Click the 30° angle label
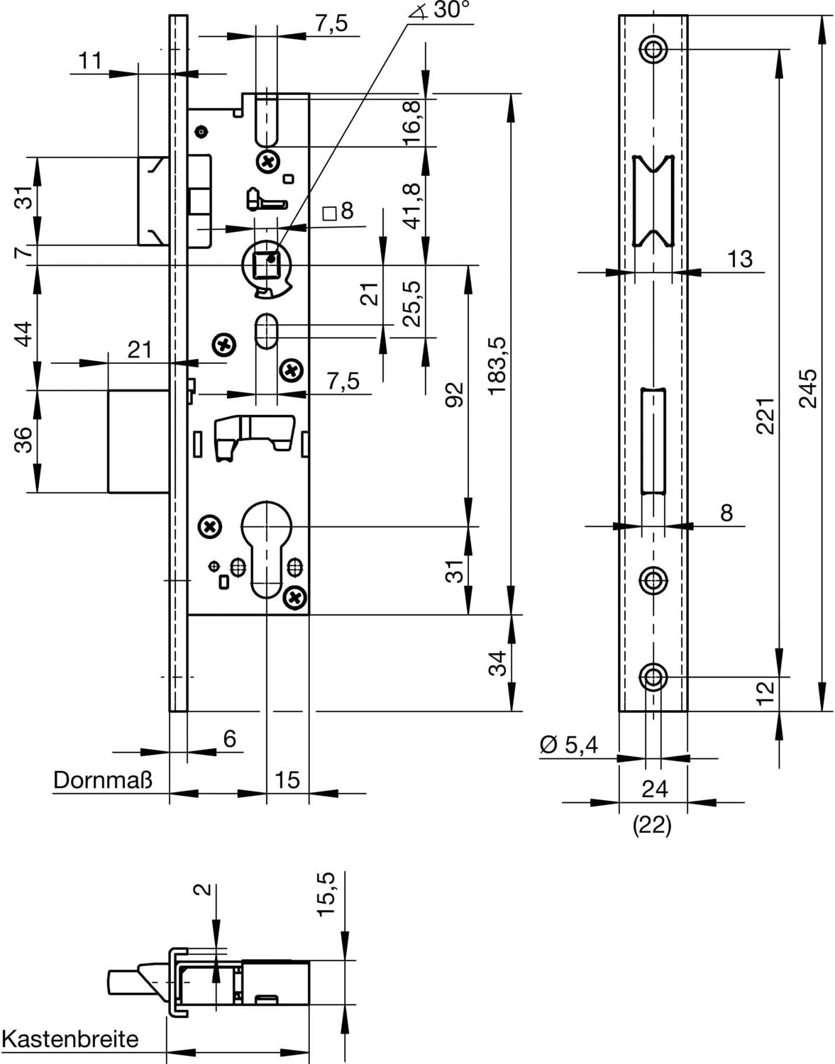(450, 11)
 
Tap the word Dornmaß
(102, 781)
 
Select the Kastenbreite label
(70, 1039)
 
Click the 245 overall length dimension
(808, 388)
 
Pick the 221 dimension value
(765, 416)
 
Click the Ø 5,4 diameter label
(569, 744)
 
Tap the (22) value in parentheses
(652, 825)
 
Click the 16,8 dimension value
(412, 122)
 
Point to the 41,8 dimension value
(412, 204)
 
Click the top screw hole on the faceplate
(653, 49)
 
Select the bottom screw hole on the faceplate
(653, 677)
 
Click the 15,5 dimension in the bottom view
(326, 894)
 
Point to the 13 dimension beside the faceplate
(739, 259)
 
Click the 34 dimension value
(499, 663)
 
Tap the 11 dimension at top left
(90, 61)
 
